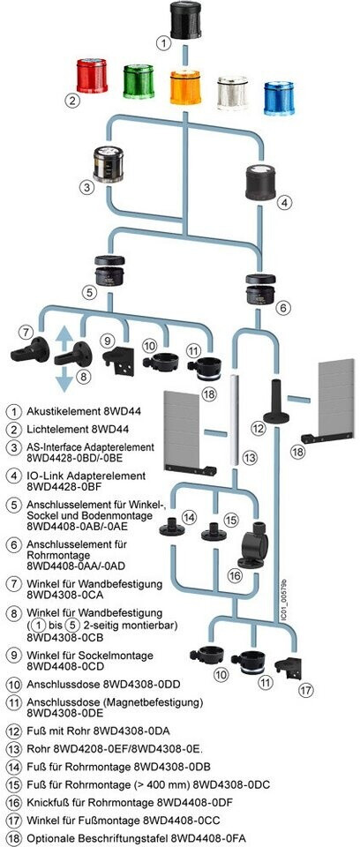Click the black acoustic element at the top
[x=185, y=21]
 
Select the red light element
[x=92, y=77]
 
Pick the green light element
[x=139, y=81]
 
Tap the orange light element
[x=185, y=86]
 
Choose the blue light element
[x=279, y=98]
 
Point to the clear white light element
[x=232, y=93]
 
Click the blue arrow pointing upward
[x=64, y=337]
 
